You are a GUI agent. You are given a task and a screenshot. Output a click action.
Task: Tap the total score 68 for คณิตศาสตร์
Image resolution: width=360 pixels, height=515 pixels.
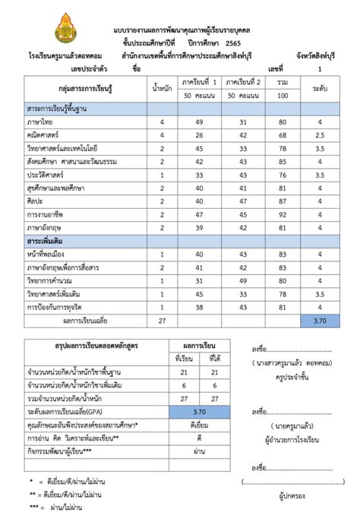tap(283, 135)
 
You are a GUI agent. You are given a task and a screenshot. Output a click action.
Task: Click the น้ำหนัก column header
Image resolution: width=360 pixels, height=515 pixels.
tap(160, 87)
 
